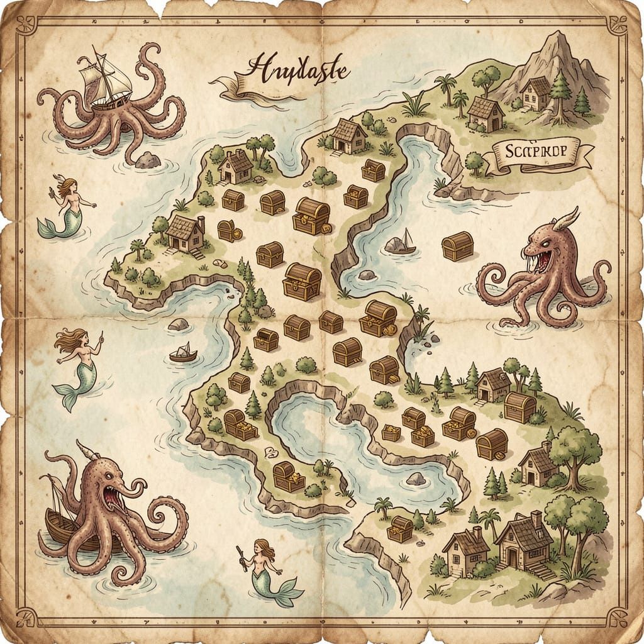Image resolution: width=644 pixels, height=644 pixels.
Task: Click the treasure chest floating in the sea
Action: pyautogui.click(x=457, y=246)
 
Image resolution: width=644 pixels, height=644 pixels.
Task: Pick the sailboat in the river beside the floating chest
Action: pyautogui.click(x=401, y=243)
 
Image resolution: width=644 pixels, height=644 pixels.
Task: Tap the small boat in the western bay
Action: pyautogui.click(x=183, y=353)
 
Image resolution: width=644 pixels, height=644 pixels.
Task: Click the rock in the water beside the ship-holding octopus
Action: pyautogui.click(x=148, y=160)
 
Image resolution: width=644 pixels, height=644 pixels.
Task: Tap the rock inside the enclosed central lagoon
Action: pyautogui.click(x=416, y=479)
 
